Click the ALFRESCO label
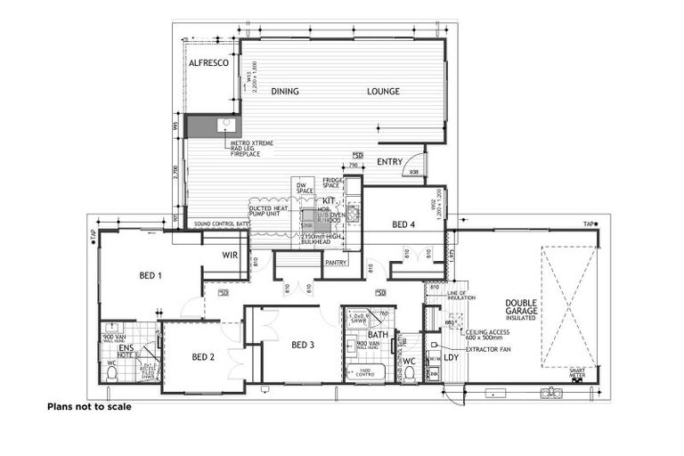(209, 64)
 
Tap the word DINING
(286, 91)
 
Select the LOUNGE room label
(383, 91)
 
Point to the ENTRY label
(389, 161)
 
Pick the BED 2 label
(204, 357)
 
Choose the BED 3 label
(303, 345)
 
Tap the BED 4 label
(403, 225)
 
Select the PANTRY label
(336, 263)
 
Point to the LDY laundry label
(452, 357)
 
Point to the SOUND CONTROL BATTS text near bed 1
(220, 224)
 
